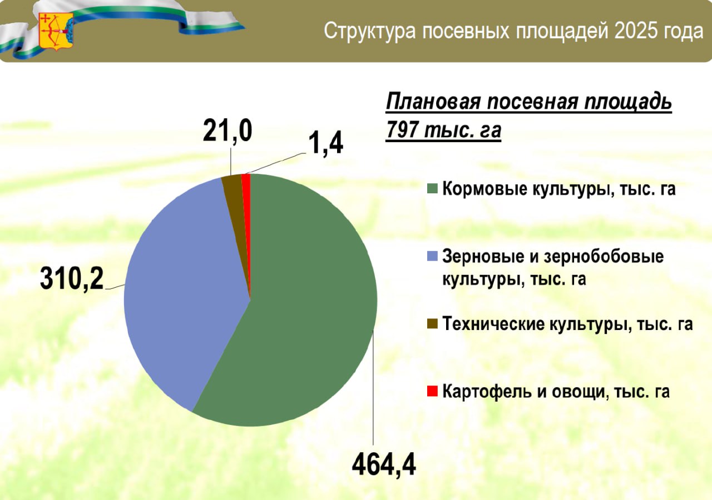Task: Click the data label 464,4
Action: tap(384, 466)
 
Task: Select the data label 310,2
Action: tap(72, 279)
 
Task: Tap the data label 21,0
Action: tap(228, 131)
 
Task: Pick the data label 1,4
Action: tap(325, 143)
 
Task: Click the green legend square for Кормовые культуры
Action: tap(432, 188)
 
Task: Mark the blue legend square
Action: tap(432, 256)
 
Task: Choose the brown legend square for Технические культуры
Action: tap(432, 324)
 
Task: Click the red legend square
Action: tap(432, 391)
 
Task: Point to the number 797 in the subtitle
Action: tap(402, 129)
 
